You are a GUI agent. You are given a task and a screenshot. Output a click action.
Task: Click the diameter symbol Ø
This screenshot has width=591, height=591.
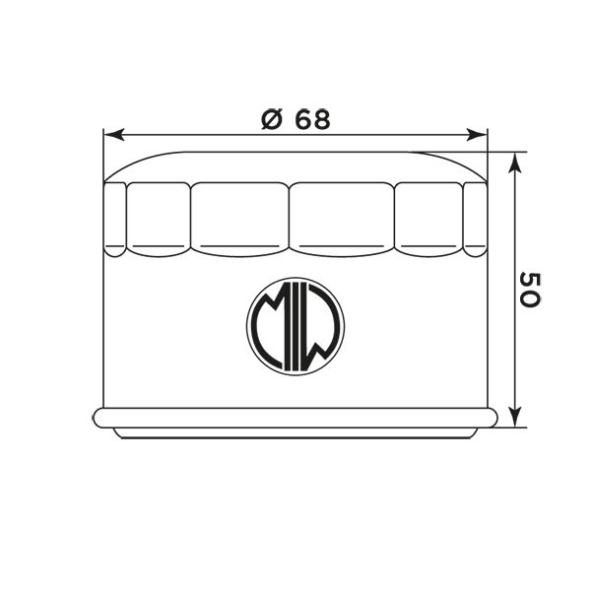tap(272, 119)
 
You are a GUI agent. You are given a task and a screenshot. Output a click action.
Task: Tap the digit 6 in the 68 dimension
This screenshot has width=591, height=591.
tap(303, 119)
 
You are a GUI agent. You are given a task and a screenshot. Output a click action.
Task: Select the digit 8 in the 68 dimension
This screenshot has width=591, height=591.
tap(322, 119)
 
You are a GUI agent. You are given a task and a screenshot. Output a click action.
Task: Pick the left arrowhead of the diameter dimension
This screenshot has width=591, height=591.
tap(114, 134)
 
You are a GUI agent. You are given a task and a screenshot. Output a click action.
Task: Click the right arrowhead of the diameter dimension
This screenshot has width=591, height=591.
tap(477, 134)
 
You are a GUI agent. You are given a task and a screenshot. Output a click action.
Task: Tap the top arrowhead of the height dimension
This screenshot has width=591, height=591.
tap(515, 163)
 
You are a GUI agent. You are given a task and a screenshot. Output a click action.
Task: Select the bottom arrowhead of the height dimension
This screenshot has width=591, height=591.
tap(515, 418)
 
